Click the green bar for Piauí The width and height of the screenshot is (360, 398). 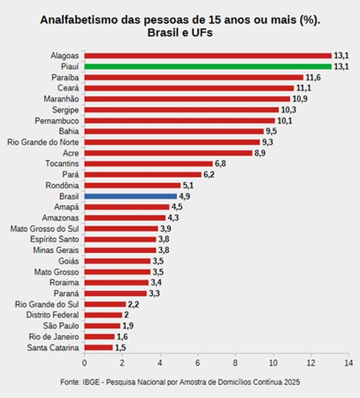coord(208,67)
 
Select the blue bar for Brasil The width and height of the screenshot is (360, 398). coord(131,196)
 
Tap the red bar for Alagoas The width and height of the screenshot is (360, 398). coord(208,56)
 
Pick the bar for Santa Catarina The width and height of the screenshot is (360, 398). coord(98,348)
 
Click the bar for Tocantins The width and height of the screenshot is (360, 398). coord(149,164)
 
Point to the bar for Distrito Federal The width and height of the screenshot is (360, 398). coord(103,315)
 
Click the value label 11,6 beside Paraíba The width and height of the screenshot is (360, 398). coord(313,78)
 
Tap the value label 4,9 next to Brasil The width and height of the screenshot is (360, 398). coord(184,196)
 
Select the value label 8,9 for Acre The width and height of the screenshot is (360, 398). coord(260,153)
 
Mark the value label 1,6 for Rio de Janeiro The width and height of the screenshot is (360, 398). coord(122,337)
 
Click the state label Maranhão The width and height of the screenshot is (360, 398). coord(61,99)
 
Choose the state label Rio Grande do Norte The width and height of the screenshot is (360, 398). coord(43,142)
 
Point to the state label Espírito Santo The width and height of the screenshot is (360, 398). coord(55,239)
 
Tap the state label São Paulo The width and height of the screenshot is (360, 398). coord(61,326)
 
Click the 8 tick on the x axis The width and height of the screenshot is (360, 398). coord(235,363)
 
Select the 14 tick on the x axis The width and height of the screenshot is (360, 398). coord(349,363)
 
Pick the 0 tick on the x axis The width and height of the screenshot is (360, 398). coord(85,363)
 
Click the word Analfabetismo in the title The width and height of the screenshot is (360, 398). coord(79,20)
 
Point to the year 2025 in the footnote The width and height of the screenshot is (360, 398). coord(292,382)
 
